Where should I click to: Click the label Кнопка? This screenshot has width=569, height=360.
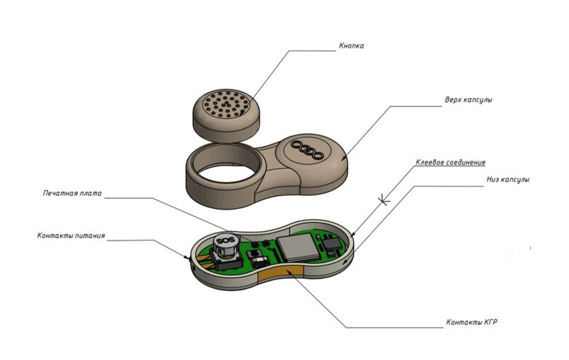351,46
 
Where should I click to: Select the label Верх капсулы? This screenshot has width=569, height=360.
468,101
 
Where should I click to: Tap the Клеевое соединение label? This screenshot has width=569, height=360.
450,163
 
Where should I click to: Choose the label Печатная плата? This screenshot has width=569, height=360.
73,194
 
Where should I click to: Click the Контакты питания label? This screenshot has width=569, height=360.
71,236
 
